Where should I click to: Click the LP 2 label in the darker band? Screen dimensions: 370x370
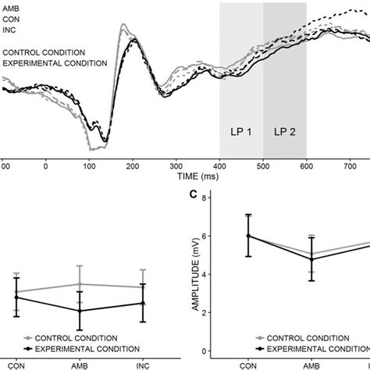pyautogui.click(x=284, y=131)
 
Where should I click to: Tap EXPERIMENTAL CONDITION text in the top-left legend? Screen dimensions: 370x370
pyautogui.click(x=53, y=62)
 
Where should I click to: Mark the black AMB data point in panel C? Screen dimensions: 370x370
pyautogui.click(x=312, y=259)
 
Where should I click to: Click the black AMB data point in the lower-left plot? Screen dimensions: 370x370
pyautogui.click(x=79, y=311)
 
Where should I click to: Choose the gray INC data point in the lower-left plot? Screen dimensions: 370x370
pyautogui.click(x=142, y=287)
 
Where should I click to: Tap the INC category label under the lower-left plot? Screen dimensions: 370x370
pyautogui.click(x=142, y=365)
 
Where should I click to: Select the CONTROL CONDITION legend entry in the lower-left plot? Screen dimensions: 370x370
pyautogui.click(x=74, y=338)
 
